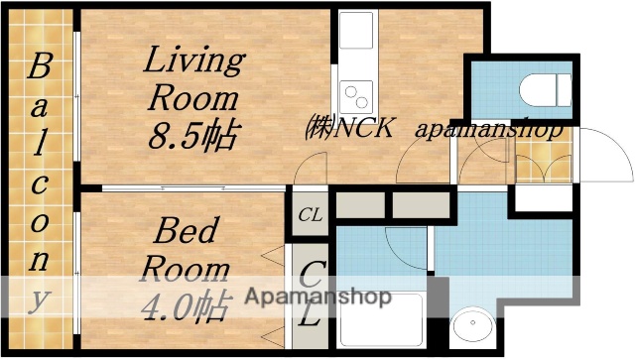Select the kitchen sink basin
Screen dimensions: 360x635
click(x=354, y=34)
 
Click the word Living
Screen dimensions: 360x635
click(x=194, y=60)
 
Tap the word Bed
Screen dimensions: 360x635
click(x=185, y=233)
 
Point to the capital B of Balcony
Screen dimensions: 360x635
click(x=40, y=68)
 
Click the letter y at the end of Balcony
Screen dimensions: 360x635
click(x=40, y=297)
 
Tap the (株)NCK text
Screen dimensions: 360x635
click(x=349, y=129)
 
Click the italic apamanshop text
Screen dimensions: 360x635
click(x=490, y=130)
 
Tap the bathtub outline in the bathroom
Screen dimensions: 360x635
click(x=382, y=322)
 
